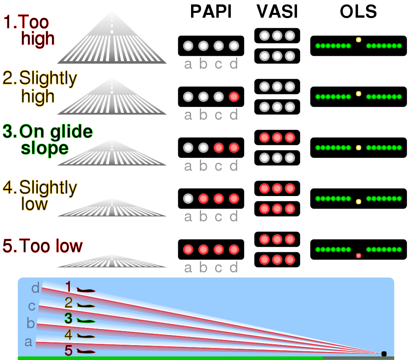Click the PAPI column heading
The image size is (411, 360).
pos(211,12)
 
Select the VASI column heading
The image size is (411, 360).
pos(277,12)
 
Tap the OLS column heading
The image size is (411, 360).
pos(358,12)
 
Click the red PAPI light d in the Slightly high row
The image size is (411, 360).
pos(234,97)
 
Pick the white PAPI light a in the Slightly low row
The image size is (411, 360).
pos(188,198)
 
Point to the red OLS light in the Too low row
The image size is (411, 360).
pos(358,256)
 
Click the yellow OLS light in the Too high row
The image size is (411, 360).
pos(358,40)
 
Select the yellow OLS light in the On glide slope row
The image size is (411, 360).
pos(358,148)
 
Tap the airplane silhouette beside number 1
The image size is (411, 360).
pos(86,290)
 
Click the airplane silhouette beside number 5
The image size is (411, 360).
pos(86,352)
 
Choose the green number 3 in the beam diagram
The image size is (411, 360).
pos(68,318)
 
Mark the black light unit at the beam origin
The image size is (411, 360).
pos(384,354)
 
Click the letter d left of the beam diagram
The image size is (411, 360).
pos(35,288)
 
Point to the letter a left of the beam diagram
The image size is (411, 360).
pos(28,342)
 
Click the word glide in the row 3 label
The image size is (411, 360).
pos(71,131)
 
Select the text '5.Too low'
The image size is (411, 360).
pos(43,246)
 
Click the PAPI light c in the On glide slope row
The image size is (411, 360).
pos(219,148)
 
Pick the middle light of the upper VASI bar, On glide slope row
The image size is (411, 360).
pos(277,137)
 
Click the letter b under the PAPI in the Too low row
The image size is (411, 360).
pos(203,267)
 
